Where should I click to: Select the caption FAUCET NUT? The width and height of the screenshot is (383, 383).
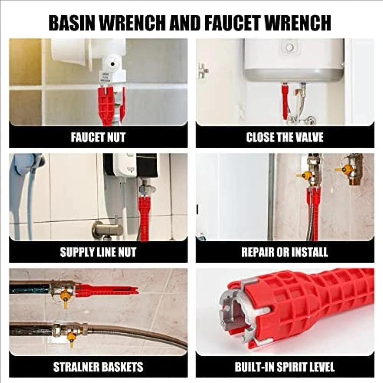pyautogui.click(x=98, y=138)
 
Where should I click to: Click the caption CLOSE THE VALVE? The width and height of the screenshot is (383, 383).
pyautogui.click(x=285, y=138)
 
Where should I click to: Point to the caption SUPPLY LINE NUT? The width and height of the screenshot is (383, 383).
pyautogui.click(x=98, y=252)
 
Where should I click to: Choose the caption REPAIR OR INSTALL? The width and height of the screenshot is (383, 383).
pyautogui.click(x=285, y=252)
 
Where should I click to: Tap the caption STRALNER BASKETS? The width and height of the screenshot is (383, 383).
pyautogui.click(x=98, y=366)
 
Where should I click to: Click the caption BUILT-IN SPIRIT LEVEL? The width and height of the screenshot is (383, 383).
pyautogui.click(x=285, y=366)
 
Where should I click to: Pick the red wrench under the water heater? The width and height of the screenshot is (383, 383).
pyautogui.click(x=285, y=102)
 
